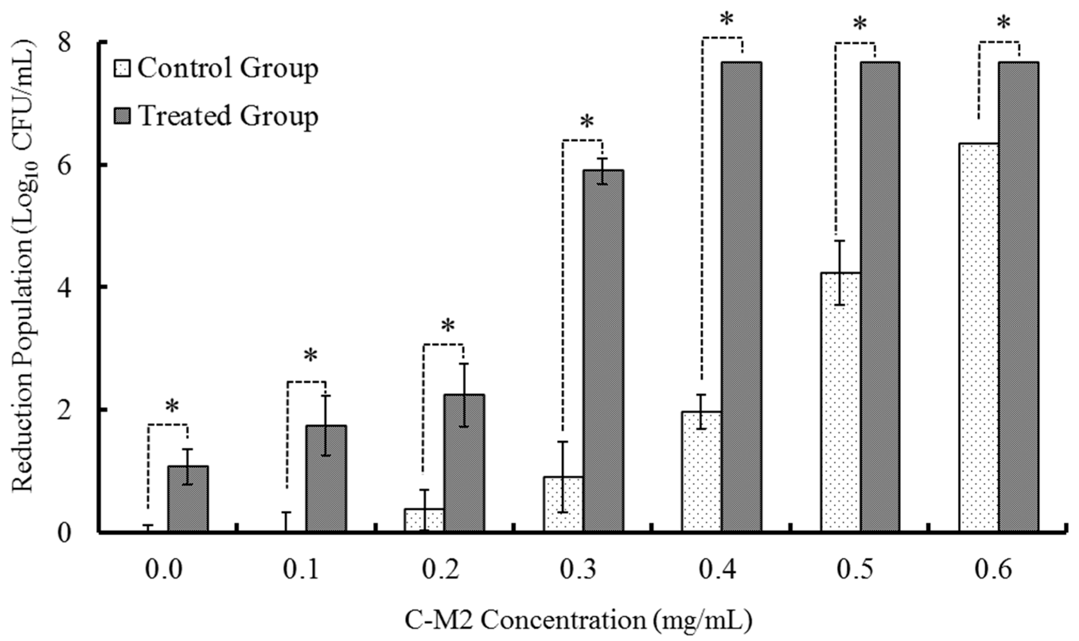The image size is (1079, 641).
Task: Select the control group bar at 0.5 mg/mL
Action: pyautogui.click(x=840, y=402)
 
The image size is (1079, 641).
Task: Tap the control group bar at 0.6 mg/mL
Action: pyautogui.click(x=978, y=337)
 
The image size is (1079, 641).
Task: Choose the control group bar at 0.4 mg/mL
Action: pyautogui.click(x=702, y=471)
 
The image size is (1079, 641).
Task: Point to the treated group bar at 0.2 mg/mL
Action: pyautogui.click(x=465, y=462)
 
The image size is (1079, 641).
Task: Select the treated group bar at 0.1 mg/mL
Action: pyautogui.click(x=326, y=478)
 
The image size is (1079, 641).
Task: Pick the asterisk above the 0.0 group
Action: pyautogui.click(x=171, y=407)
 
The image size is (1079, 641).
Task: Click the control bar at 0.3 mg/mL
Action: pyautogui.click(x=563, y=503)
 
